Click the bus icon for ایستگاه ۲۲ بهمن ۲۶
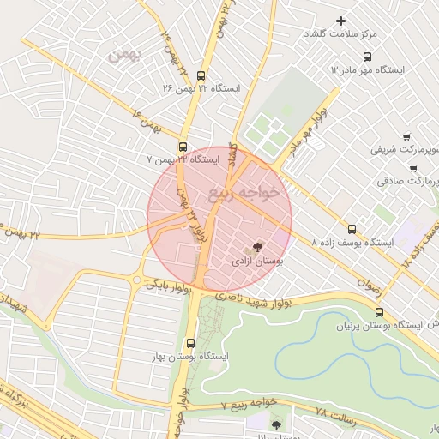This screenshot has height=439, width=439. (201, 75)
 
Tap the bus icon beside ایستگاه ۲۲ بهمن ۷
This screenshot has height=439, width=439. (183, 147)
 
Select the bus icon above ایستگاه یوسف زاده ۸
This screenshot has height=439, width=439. (352, 229)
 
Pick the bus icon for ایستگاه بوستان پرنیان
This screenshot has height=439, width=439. (380, 313)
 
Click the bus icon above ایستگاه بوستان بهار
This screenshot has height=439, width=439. (190, 342)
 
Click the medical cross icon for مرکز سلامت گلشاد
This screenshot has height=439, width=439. (341, 21)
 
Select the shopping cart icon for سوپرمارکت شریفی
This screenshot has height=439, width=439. (405, 136)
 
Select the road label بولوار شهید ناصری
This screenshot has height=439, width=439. (254, 298)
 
